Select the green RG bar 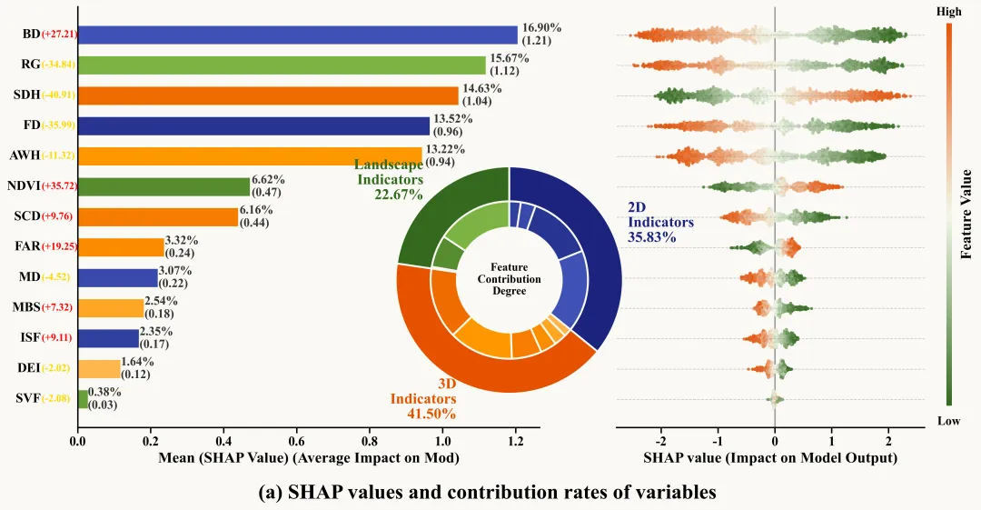(x=282, y=65)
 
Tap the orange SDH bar (x=268, y=95)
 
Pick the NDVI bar (x=163, y=186)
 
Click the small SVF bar (x=83, y=399)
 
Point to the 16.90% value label (x=537, y=28)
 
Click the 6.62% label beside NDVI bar (x=268, y=181)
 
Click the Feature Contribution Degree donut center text (x=510, y=278)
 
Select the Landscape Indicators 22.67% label (x=389, y=179)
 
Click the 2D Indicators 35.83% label (x=660, y=222)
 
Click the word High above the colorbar (x=948, y=12)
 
